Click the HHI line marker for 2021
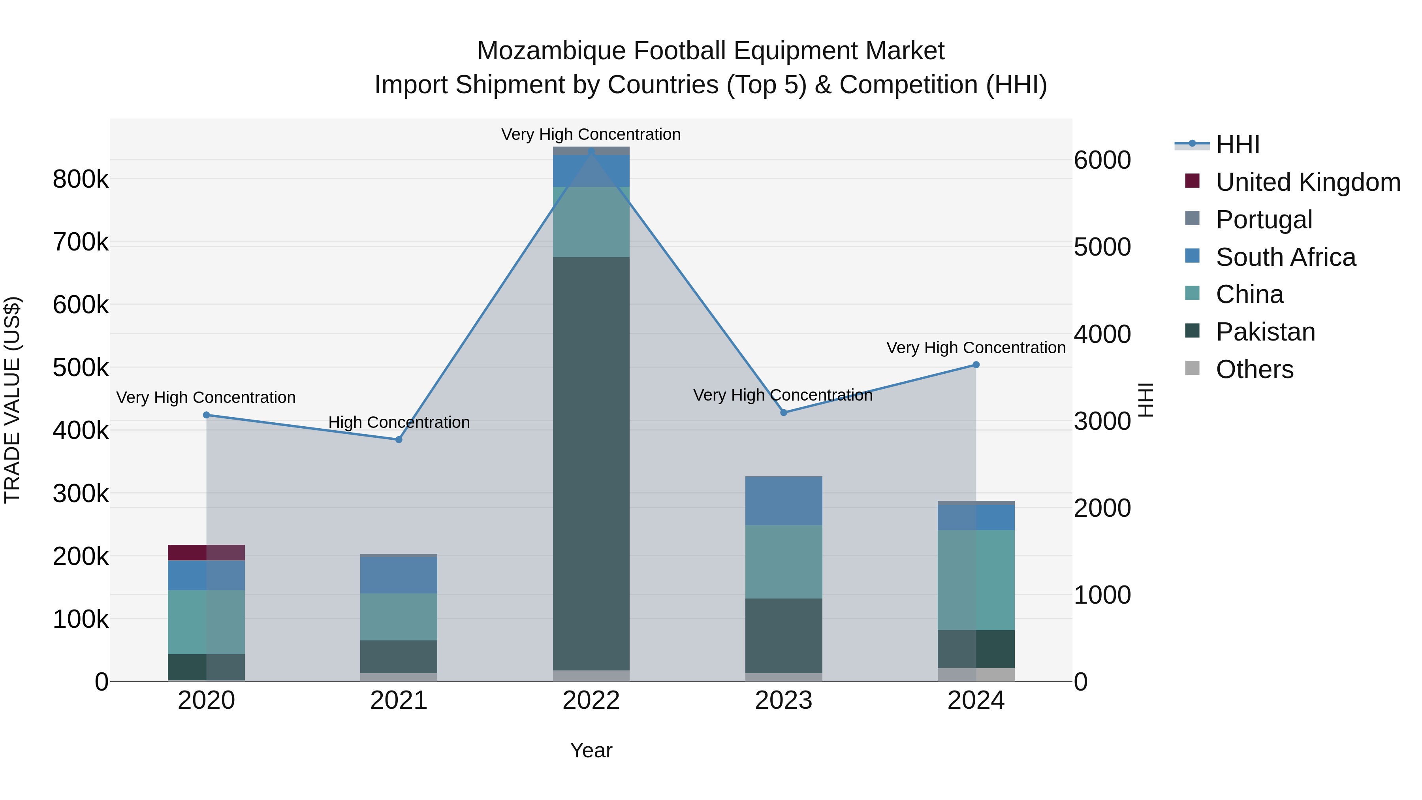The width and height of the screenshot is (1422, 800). [399, 439]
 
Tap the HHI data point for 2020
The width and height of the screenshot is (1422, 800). [207, 415]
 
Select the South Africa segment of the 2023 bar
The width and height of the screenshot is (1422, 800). [783, 500]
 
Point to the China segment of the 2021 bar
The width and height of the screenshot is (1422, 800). [399, 617]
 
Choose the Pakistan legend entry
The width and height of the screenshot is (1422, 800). [1265, 332]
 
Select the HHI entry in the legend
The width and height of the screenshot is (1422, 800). [1237, 145]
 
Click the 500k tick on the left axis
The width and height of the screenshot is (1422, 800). [81, 367]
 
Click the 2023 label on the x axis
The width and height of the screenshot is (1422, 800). [783, 700]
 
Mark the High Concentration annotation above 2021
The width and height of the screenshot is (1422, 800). [399, 422]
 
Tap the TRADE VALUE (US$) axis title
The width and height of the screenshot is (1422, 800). [12, 400]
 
